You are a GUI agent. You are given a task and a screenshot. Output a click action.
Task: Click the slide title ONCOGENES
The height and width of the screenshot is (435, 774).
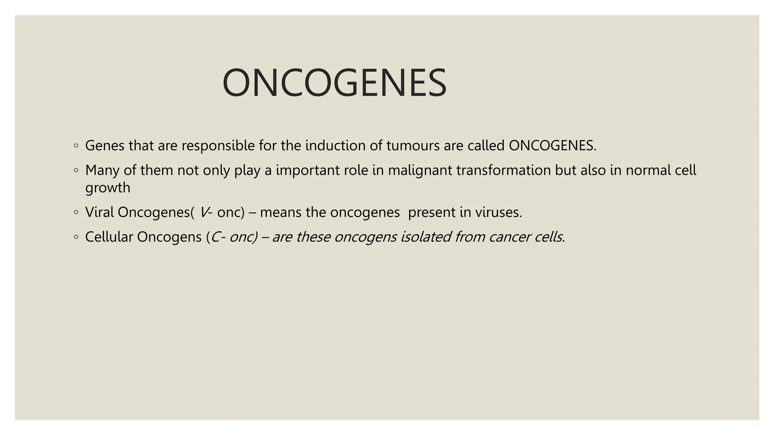pos(334,83)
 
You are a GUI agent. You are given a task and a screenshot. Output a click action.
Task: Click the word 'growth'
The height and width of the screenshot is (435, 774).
pos(108,188)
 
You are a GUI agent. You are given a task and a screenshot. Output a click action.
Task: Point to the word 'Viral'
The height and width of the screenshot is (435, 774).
pos(99,212)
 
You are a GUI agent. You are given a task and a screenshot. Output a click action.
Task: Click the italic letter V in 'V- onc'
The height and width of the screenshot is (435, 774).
pos(203,212)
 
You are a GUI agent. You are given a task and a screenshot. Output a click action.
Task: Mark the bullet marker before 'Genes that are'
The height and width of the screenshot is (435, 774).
pos(76,146)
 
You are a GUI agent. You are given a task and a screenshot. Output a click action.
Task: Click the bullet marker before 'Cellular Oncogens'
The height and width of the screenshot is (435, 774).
pos(76,237)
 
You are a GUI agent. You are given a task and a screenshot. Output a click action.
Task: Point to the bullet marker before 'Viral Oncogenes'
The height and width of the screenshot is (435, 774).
pos(76,213)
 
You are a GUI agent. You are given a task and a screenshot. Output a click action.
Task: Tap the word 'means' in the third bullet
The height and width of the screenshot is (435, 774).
pos(281,213)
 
